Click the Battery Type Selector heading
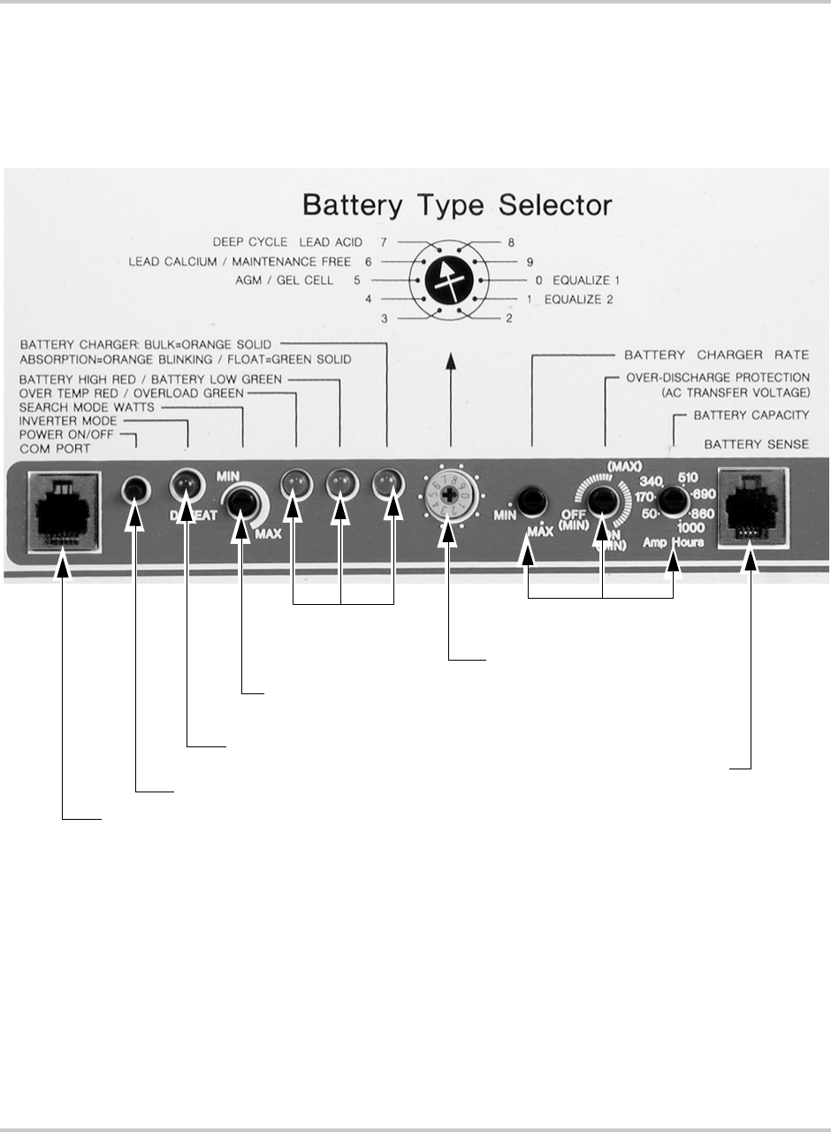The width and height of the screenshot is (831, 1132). tap(457, 205)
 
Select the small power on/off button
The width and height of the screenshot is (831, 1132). tap(134, 487)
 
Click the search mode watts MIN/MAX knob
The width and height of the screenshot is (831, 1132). tap(241, 502)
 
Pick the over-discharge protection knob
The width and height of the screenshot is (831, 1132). tap(603, 501)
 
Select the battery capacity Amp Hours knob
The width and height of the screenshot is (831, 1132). tap(674, 501)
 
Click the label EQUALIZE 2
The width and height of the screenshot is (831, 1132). tap(579, 299)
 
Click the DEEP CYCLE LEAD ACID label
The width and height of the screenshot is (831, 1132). tap(287, 241)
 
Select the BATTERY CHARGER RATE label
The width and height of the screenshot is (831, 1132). tap(716, 356)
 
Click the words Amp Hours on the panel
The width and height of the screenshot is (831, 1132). tap(675, 542)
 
